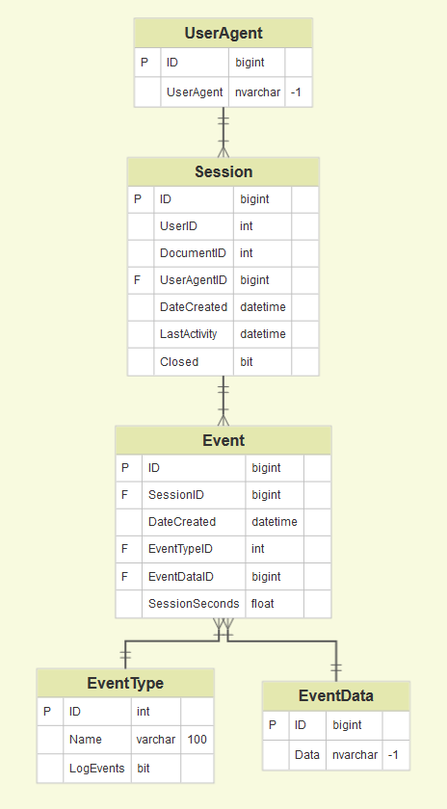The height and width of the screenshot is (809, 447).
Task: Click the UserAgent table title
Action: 223,34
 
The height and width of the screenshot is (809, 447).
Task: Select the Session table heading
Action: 223,171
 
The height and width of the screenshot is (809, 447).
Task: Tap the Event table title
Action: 223,441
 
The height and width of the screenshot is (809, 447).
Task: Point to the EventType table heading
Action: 125,683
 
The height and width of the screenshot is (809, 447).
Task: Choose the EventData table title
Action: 336,696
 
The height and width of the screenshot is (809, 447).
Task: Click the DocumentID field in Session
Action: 193,253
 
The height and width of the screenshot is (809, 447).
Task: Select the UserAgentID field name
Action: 193,280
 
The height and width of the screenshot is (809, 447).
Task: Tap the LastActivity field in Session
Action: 189,334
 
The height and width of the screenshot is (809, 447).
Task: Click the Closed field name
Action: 179,362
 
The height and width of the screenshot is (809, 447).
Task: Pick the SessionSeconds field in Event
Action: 194,604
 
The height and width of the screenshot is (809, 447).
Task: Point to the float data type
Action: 263,604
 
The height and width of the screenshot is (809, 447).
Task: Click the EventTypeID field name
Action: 180,549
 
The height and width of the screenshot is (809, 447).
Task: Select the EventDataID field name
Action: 181,576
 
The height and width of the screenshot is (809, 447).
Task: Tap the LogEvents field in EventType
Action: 97,769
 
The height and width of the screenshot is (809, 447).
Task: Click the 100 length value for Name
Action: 197,740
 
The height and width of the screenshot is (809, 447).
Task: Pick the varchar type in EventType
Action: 156,740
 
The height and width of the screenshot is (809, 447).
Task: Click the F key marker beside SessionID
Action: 124,495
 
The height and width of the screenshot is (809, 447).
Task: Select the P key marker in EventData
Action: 273,725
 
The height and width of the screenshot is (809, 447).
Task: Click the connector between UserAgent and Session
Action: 223,132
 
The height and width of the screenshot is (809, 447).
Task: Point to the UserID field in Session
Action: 178,226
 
